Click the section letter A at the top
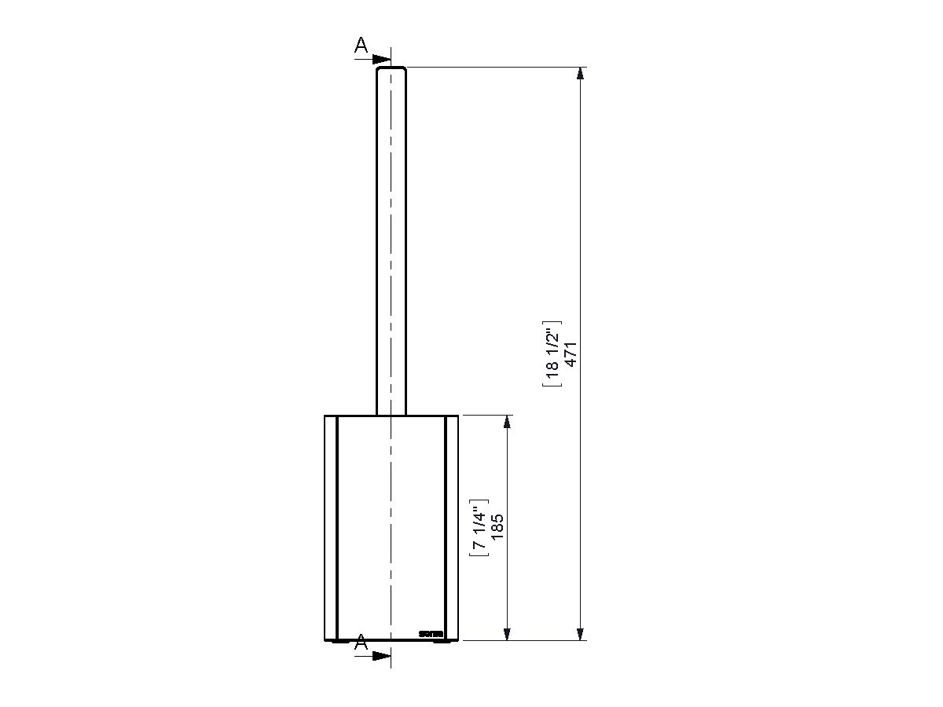click(x=361, y=46)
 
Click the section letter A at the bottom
click(x=361, y=643)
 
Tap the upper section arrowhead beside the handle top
click(x=383, y=59)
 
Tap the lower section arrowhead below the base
click(x=383, y=655)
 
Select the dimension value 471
click(x=572, y=353)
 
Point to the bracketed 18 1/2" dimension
click(x=552, y=353)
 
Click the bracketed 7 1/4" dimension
click(x=479, y=527)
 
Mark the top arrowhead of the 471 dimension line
click(x=581, y=74)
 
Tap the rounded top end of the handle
click(x=391, y=70)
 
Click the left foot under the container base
click(x=340, y=642)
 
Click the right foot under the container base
click(x=442, y=642)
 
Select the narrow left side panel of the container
click(x=331, y=526)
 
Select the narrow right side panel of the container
click(x=452, y=526)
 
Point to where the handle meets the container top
click(x=391, y=414)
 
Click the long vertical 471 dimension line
click(x=581, y=236)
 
